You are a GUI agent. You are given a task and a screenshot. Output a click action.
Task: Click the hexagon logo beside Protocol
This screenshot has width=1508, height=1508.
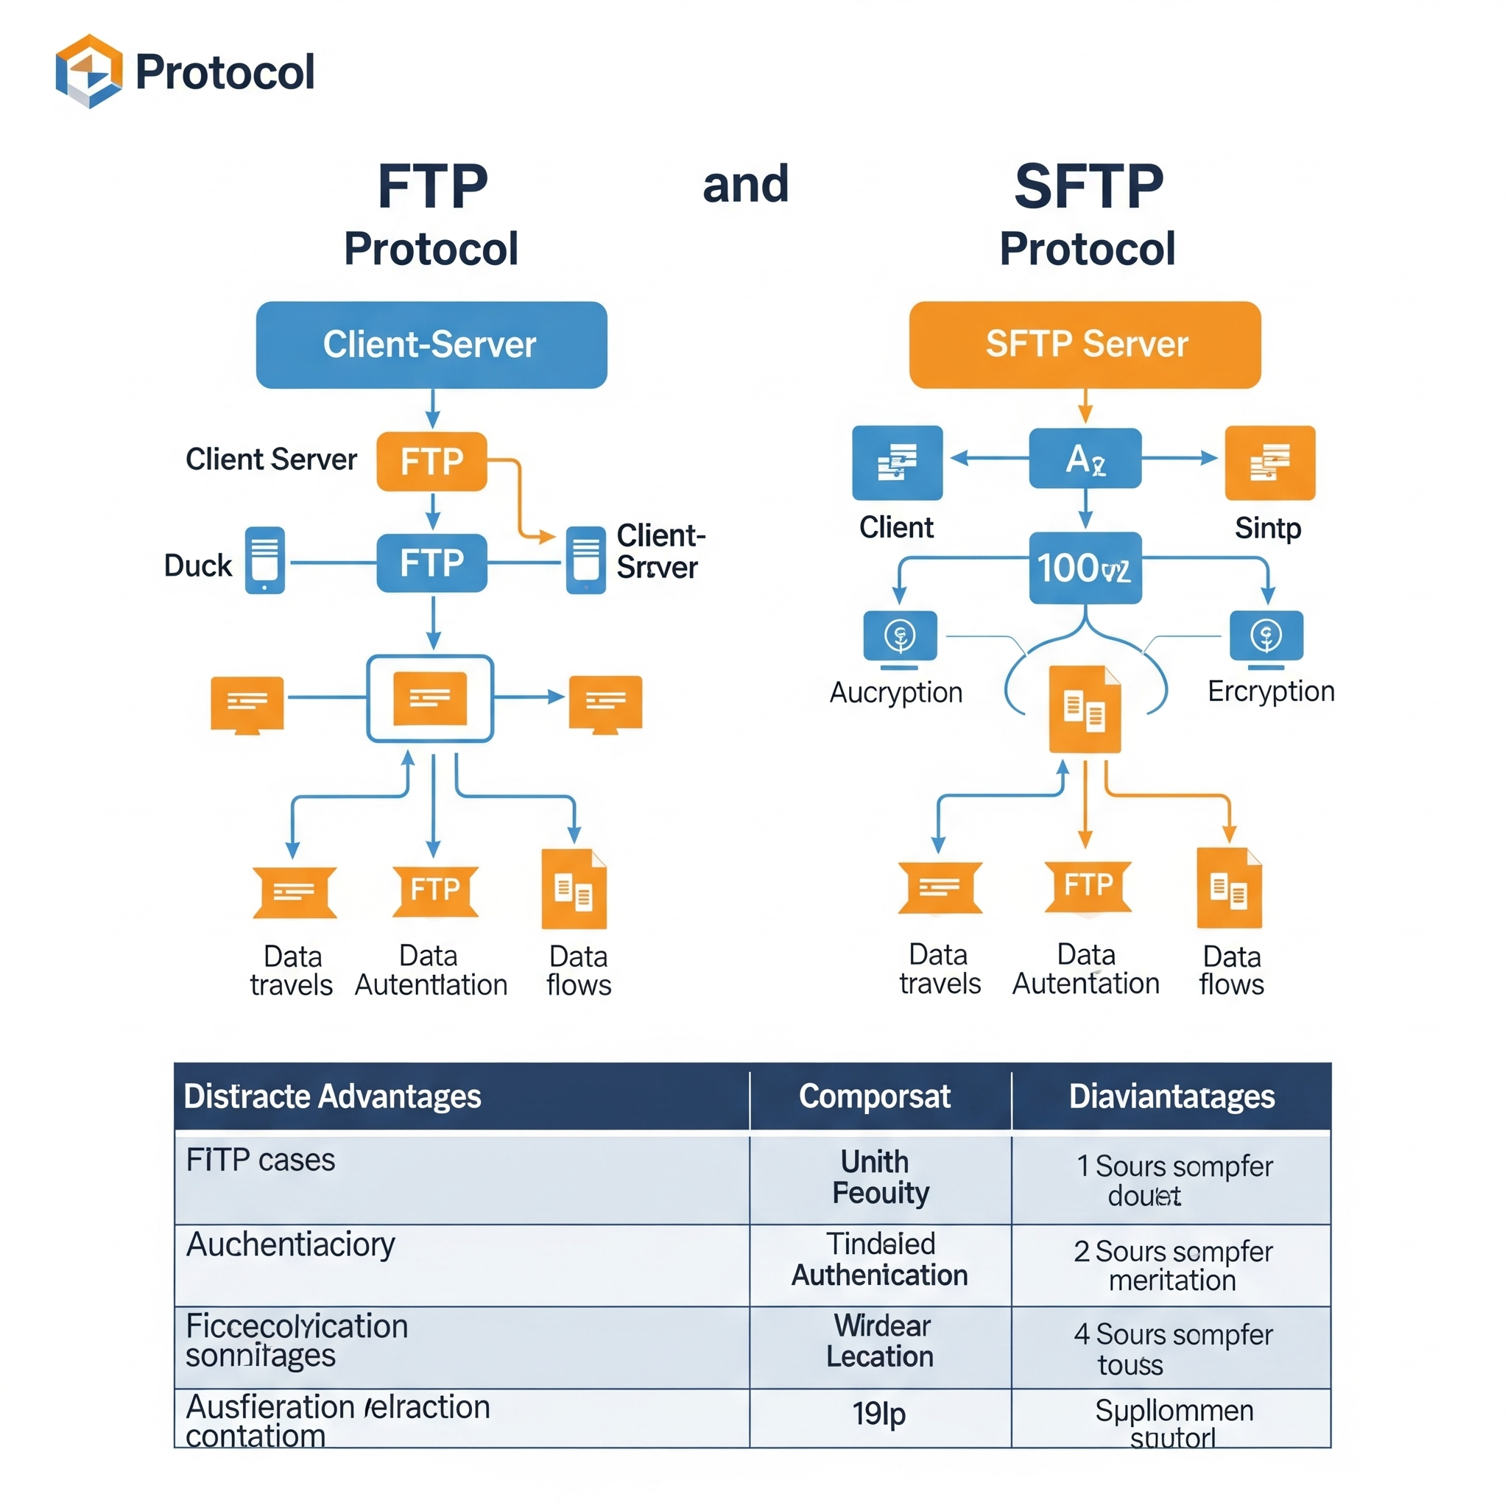(89, 71)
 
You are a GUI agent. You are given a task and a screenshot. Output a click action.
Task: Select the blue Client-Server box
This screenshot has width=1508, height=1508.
(431, 345)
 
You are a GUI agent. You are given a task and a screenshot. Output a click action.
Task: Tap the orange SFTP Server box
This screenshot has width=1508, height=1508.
(1085, 345)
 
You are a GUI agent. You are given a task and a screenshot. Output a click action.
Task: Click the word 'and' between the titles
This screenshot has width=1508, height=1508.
(745, 185)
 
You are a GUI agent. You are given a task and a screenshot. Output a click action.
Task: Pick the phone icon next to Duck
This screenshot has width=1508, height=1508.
(264, 560)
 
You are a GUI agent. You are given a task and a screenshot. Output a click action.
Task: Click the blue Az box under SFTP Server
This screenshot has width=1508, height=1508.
(1085, 458)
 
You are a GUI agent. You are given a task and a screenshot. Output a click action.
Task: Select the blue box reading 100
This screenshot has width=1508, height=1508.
(1085, 568)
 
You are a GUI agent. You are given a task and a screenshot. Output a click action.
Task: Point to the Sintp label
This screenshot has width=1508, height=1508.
(1268, 529)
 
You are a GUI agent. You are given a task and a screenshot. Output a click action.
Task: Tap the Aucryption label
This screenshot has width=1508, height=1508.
(895, 692)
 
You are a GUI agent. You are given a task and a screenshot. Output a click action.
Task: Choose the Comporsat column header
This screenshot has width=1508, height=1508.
(874, 1096)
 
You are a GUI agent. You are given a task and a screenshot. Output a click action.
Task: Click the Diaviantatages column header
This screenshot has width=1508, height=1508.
(1171, 1096)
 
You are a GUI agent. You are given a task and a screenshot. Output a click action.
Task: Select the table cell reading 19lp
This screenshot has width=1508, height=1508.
(879, 1414)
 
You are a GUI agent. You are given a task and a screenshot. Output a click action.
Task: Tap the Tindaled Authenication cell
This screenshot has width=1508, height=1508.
(880, 1259)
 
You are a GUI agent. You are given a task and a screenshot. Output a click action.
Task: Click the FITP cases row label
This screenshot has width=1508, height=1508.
(260, 1160)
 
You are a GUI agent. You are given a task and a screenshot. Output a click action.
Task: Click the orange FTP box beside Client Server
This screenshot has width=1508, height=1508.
(431, 461)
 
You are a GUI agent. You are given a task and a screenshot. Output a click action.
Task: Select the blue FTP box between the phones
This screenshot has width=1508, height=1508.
(431, 563)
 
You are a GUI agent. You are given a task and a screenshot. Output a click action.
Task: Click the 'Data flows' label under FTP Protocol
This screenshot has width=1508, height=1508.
(578, 970)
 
